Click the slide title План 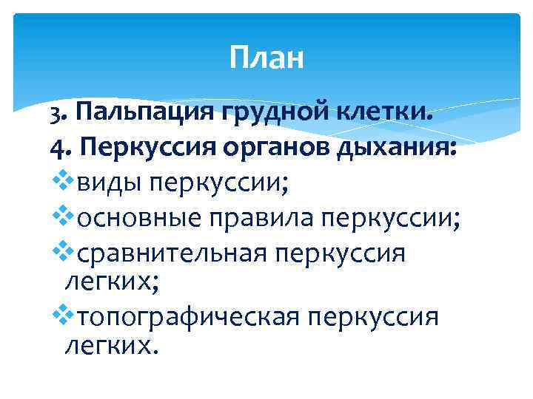tap(266, 58)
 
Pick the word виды tap(104, 182)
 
